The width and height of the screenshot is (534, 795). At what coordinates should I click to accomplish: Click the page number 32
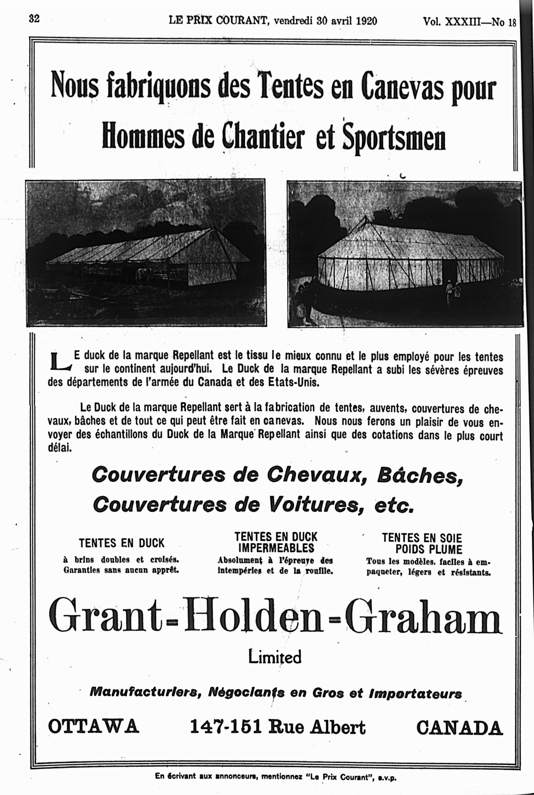(34, 19)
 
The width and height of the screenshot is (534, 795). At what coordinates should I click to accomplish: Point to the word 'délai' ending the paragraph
(60, 448)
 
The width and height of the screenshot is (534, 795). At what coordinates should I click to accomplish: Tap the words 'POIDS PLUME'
(429, 549)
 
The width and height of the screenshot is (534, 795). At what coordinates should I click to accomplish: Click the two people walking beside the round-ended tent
(453, 291)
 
